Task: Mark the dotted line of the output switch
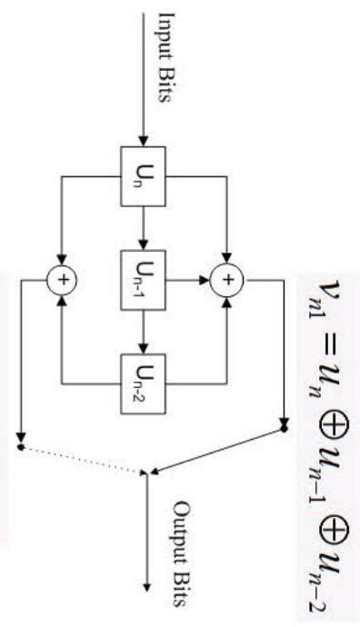point(82,459)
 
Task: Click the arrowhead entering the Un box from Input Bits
point(141,137)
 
